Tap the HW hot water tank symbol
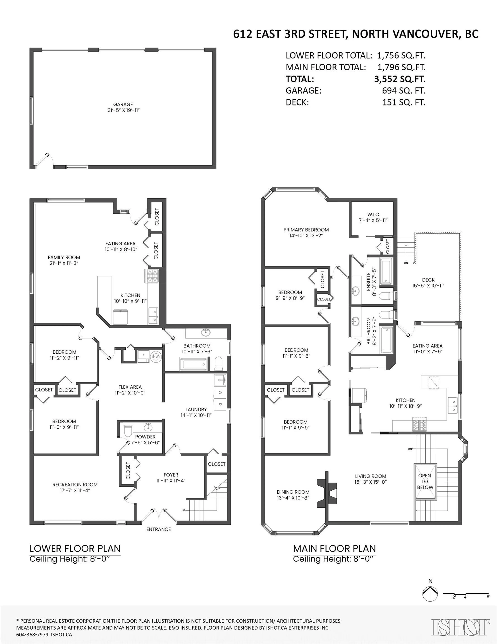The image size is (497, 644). pos(156,357)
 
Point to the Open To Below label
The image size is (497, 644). pos(425,481)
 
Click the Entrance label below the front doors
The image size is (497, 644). pos(159,529)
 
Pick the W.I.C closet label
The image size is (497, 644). pos(373,214)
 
